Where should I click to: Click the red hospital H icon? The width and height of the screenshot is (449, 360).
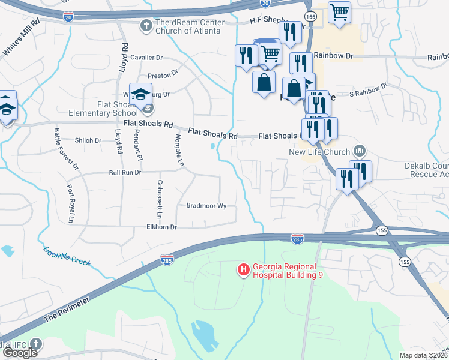coord(244,271)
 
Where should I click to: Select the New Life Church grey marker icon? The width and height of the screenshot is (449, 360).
coord(360,149)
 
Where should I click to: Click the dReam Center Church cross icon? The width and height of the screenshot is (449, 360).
coord(146,26)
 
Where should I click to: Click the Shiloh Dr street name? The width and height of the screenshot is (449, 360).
coord(88,140)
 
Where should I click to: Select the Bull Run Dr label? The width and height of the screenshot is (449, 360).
coord(124,173)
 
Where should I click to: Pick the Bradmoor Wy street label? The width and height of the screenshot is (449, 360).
coord(206,206)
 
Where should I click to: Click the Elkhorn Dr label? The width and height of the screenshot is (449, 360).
coord(162,227)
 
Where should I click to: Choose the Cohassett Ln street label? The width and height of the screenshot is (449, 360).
coord(159,199)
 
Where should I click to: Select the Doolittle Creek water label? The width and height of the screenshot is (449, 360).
coord(67,256)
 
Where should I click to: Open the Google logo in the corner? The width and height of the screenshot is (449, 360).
coord(20,353)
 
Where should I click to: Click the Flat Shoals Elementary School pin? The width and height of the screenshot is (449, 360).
coord(141,95)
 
